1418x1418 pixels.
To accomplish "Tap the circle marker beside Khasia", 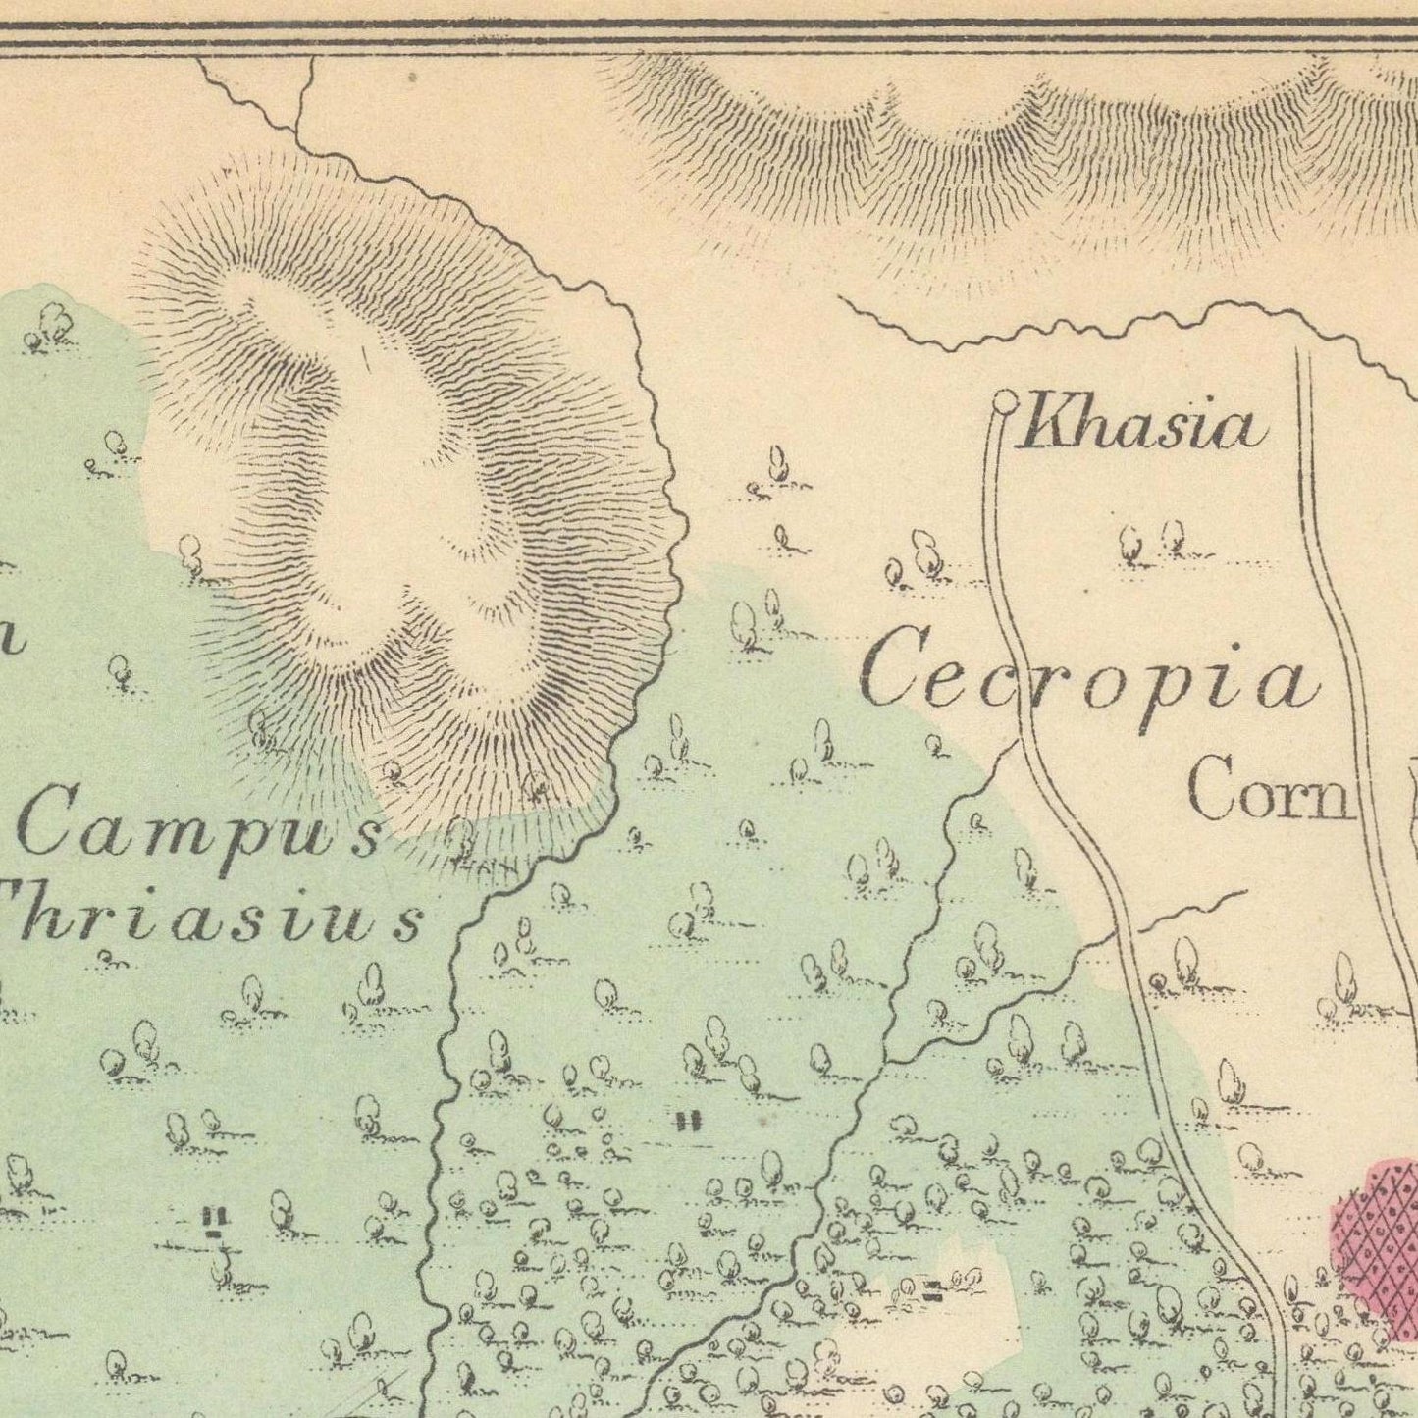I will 1004,399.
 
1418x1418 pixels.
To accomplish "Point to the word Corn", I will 1269,789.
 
